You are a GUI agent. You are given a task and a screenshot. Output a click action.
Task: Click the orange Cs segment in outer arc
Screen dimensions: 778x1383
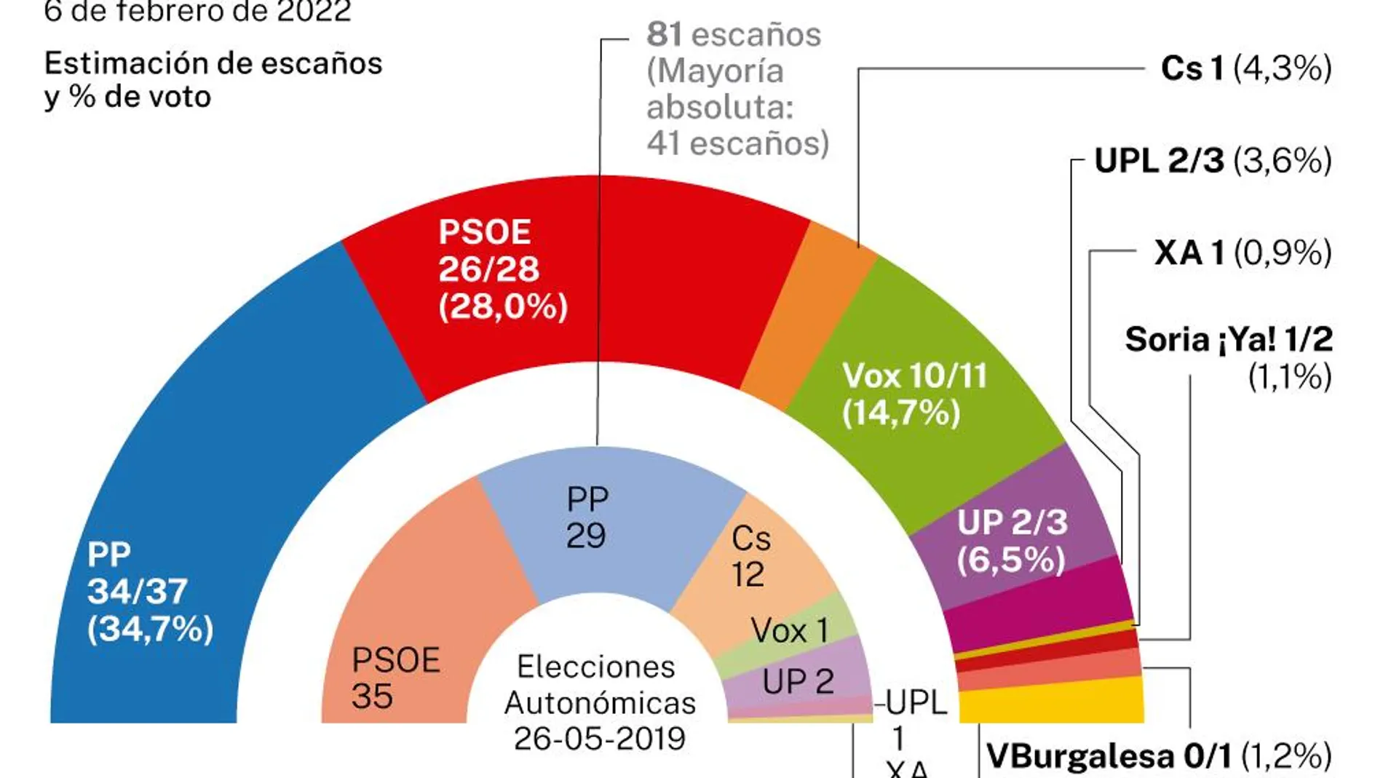point(808,313)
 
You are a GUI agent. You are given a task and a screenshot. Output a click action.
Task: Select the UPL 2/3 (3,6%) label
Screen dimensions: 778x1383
point(1213,160)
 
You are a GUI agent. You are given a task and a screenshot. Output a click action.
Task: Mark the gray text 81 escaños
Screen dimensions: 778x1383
point(734,34)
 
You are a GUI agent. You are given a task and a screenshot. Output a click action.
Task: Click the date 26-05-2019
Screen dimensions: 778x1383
point(600,738)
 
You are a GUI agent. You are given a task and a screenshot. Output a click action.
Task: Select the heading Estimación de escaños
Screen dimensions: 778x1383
point(213,63)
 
